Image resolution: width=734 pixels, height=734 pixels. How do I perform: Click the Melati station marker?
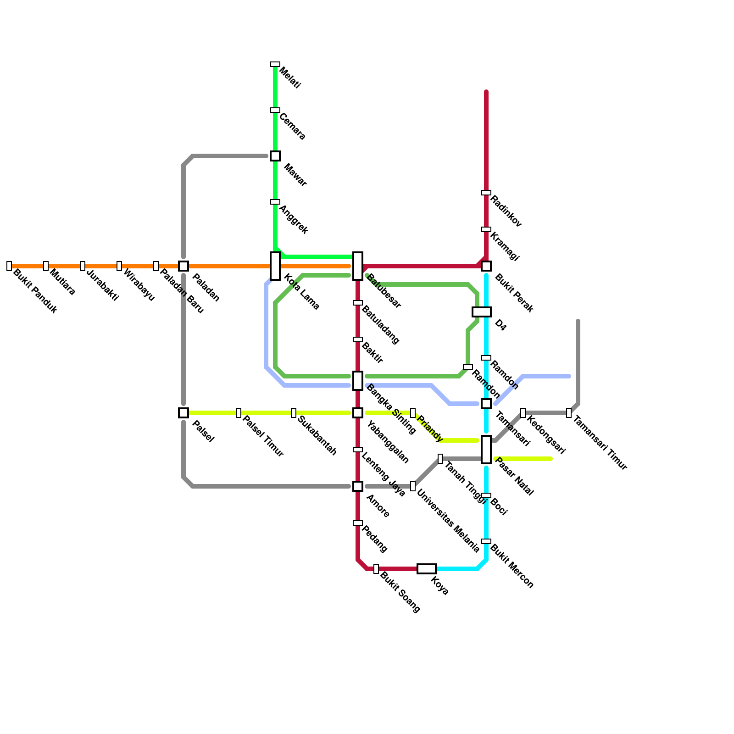click(275, 64)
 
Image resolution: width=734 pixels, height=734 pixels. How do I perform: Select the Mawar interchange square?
click(275, 156)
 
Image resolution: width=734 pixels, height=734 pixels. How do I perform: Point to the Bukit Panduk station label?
click(35, 291)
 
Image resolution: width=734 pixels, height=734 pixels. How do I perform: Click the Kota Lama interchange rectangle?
click(275, 266)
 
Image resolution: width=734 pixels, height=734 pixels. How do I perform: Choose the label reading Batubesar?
click(384, 291)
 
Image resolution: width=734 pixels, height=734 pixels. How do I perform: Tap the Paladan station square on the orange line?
click(183, 266)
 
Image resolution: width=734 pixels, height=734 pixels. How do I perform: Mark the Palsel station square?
click(183, 413)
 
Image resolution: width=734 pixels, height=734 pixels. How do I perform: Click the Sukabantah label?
click(317, 435)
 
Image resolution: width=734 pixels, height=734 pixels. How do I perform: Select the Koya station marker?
click(427, 569)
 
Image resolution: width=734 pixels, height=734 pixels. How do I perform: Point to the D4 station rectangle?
click(482, 312)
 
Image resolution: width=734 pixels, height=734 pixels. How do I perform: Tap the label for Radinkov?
click(506, 211)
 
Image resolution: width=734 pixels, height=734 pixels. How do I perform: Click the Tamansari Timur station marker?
click(569, 413)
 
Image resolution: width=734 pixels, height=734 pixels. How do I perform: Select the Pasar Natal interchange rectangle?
click(486, 450)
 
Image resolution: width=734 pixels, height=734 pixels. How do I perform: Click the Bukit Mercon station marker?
click(486, 541)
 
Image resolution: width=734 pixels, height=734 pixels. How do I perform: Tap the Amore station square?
click(358, 486)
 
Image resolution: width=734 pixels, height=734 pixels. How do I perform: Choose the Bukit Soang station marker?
click(376, 569)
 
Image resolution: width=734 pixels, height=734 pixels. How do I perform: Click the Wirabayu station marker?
click(119, 266)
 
